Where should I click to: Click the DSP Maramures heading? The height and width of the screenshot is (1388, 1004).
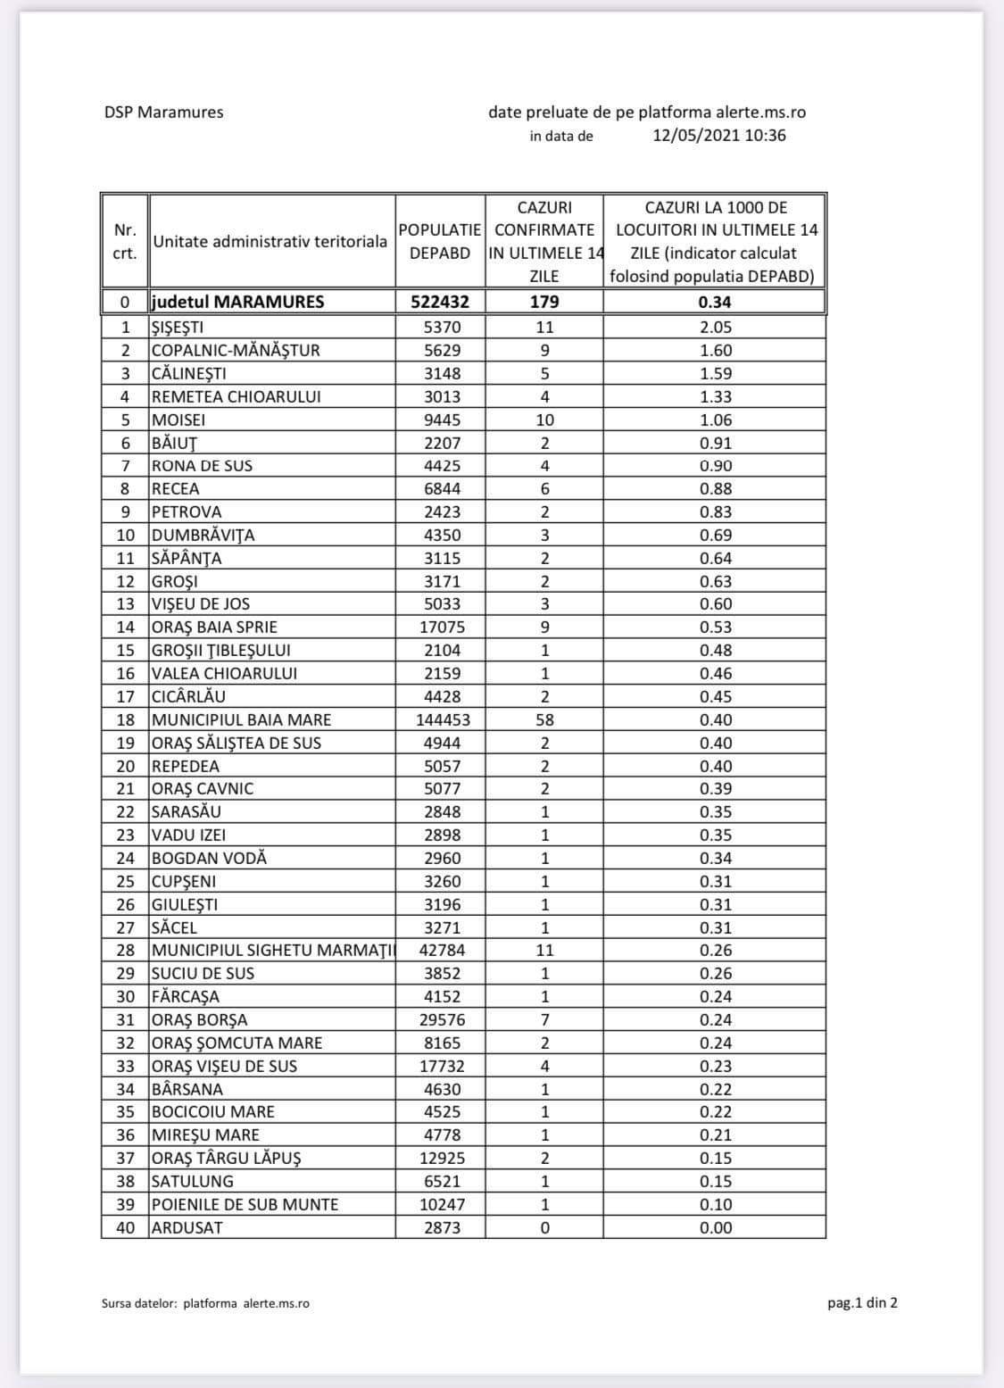pyautogui.click(x=163, y=112)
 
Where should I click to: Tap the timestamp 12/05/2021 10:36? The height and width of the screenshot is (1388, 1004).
pyautogui.click(x=719, y=136)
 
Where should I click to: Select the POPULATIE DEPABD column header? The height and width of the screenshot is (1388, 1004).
pyautogui.click(x=440, y=241)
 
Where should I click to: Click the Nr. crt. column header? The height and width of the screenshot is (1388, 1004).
pyautogui.click(x=125, y=241)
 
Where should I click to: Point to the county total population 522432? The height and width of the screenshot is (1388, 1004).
pyautogui.click(x=440, y=302)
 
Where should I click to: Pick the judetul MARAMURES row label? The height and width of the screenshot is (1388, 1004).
pyautogui.click(x=237, y=302)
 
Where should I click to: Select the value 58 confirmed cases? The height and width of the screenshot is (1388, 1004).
pyautogui.click(x=544, y=719)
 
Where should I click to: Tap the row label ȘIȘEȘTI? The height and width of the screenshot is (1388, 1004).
pyautogui.click(x=178, y=327)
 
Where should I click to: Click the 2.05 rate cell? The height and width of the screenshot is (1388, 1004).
pyautogui.click(x=715, y=327)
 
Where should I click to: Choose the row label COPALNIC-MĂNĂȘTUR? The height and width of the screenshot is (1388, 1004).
pyautogui.click(x=236, y=350)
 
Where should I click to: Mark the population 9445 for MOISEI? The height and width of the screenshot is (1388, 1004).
pyautogui.click(x=442, y=420)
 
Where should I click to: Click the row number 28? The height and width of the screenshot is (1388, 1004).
pyautogui.click(x=126, y=951)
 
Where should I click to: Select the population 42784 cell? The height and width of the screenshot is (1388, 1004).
pyautogui.click(x=442, y=951)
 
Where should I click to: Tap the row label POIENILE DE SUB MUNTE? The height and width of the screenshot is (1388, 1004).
pyautogui.click(x=245, y=1204)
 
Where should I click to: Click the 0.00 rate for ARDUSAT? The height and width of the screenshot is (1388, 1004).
pyautogui.click(x=715, y=1227)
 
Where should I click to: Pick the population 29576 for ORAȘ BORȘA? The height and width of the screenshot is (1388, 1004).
pyautogui.click(x=442, y=1019)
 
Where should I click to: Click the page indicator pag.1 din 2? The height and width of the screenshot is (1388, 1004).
pyautogui.click(x=862, y=1302)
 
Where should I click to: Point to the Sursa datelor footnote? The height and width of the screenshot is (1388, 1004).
pyautogui.click(x=205, y=1303)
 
